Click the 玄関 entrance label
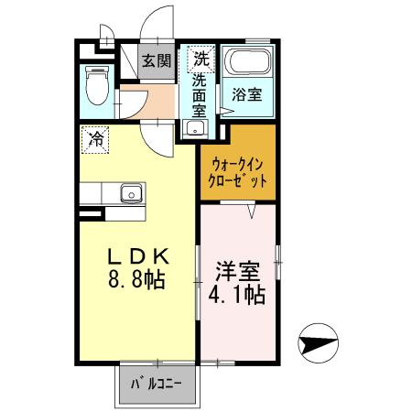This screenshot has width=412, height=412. point(156,61)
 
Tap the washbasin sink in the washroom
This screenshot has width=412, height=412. point(192,128)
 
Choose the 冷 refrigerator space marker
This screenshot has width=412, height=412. point(94,139)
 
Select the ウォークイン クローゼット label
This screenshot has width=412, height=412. point(238,173)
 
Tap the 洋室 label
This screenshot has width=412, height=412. point(237,271)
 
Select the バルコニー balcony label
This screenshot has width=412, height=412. point(157,385)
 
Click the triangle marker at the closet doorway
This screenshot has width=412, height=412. point(252,210)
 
